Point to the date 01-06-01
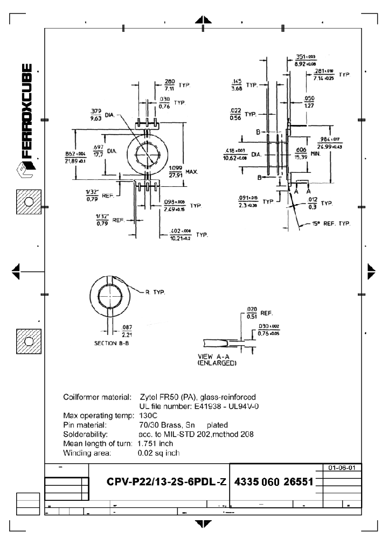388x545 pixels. click(341, 467)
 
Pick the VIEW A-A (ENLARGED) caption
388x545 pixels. click(217, 360)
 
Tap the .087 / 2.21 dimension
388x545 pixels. click(127, 330)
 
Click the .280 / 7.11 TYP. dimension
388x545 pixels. click(177, 85)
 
